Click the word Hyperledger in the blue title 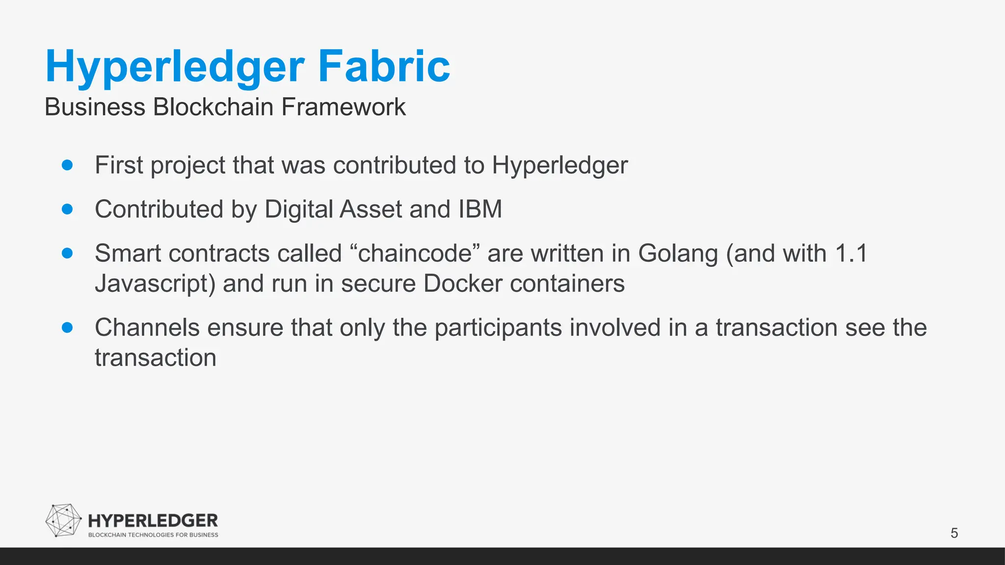[175, 67]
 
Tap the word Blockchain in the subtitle [213, 107]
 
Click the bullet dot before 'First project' [68, 165]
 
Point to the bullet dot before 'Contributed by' [68, 209]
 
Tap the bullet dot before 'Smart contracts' [68, 254]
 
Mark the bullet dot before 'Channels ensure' [68, 328]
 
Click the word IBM [480, 209]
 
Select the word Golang [678, 254]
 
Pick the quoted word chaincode [415, 254]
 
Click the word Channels [147, 328]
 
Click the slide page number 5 [954, 533]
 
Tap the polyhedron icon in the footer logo [63, 520]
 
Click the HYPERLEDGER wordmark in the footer [153, 521]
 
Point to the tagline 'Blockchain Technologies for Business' [153, 535]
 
